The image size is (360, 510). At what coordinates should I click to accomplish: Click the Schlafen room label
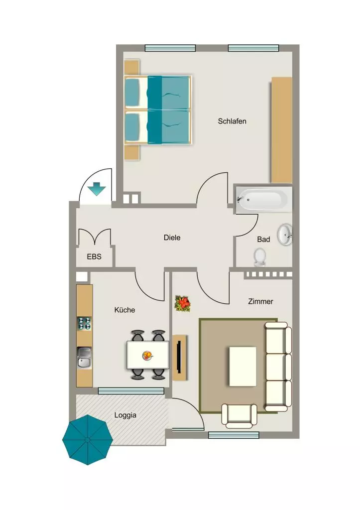pyautogui.click(x=232, y=122)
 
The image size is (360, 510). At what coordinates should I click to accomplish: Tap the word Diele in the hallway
pyautogui.click(x=172, y=238)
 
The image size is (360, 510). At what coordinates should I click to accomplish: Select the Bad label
pyautogui.click(x=263, y=240)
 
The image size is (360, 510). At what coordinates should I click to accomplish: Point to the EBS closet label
pyautogui.click(x=94, y=256)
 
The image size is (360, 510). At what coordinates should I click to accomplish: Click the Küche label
pyautogui.click(x=124, y=310)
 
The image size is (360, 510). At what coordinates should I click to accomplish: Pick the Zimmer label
pyautogui.click(x=260, y=301)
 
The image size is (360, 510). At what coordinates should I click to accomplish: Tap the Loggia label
pyautogui.click(x=125, y=415)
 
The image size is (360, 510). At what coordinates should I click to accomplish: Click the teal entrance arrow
pyautogui.click(x=97, y=189)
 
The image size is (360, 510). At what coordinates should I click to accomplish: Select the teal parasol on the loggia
pyautogui.click(x=88, y=440)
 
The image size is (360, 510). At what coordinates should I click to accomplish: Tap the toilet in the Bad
pyautogui.click(x=260, y=257)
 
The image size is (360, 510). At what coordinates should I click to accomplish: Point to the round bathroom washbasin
pyautogui.click(x=285, y=235)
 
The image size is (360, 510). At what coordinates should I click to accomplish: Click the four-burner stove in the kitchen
pyautogui.click(x=84, y=323)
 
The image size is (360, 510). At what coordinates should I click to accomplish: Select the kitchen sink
pyautogui.click(x=84, y=358)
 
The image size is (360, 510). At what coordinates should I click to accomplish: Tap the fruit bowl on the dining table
pyautogui.click(x=148, y=355)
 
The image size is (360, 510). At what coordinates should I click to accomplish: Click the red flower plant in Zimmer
pyautogui.click(x=183, y=303)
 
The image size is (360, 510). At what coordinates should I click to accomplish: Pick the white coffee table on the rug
pyautogui.click(x=242, y=366)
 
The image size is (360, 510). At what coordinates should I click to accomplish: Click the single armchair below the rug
pyautogui.click(x=239, y=416)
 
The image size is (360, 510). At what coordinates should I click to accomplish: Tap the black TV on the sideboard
pyautogui.click(x=179, y=357)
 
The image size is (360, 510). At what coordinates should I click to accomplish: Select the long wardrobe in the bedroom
pyautogui.click(x=282, y=130)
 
